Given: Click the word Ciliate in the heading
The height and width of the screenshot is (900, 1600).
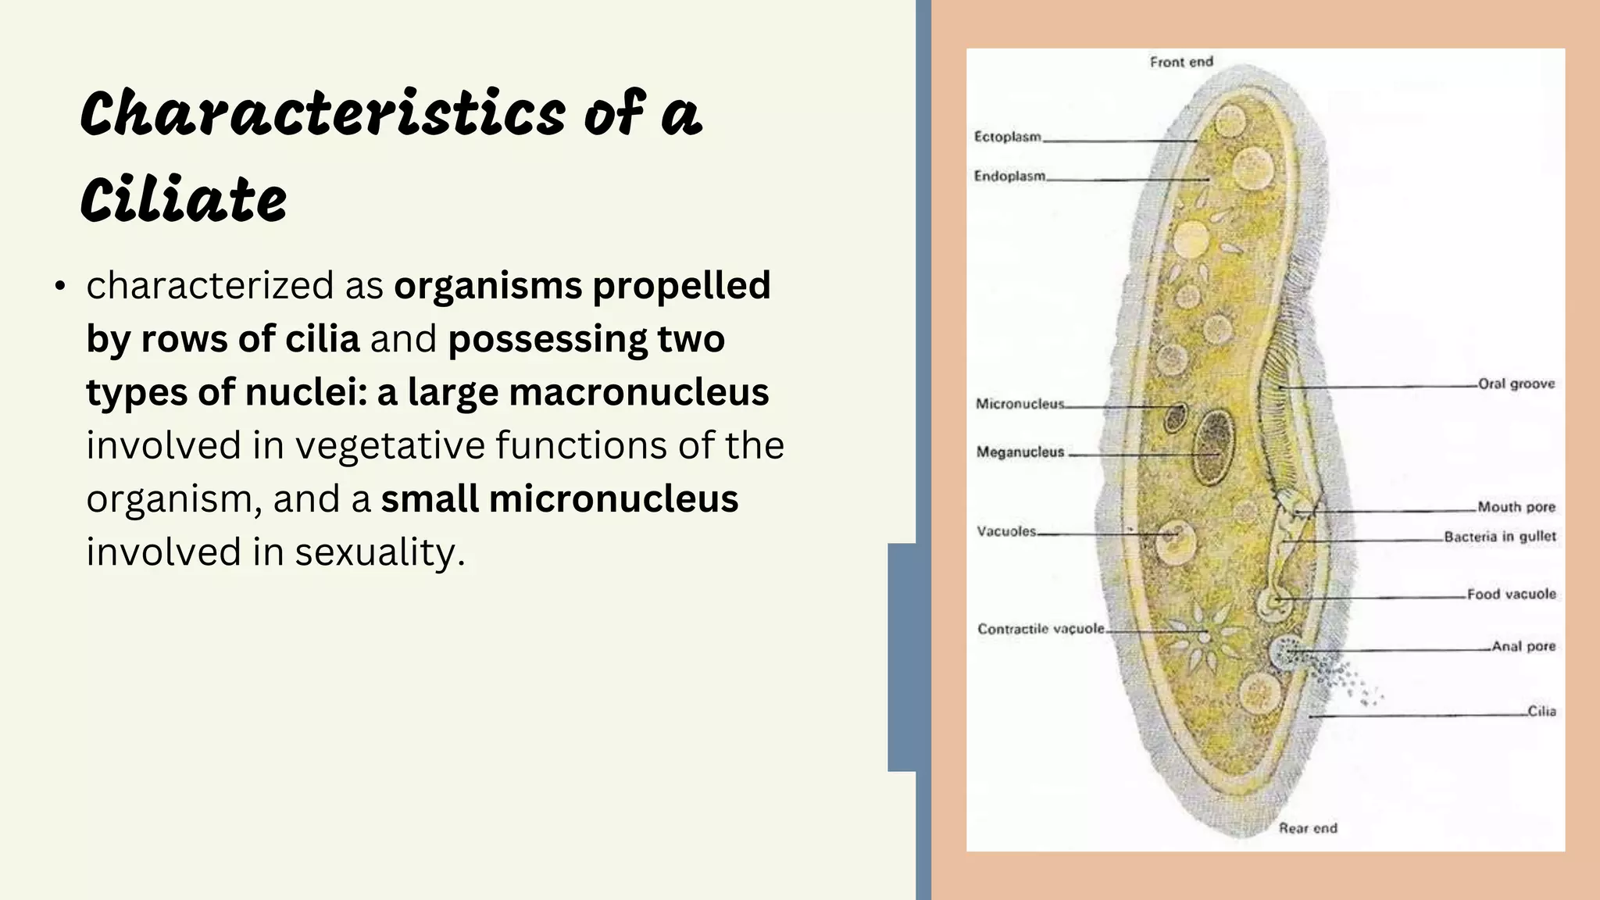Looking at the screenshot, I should click(x=184, y=199).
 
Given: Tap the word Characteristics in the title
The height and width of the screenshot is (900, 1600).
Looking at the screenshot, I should click(x=322, y=114).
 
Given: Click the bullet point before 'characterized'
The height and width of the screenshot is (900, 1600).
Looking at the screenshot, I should click(x=60, y=287).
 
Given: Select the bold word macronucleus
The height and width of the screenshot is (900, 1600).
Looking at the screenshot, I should click(x=638, y=392).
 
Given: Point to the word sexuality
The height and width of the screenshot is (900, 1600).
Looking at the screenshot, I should click(x=380, y=552).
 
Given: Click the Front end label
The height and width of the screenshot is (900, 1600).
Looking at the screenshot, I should click(x=1181, y=62).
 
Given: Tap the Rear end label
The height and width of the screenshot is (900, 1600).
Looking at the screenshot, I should click(x=1307, y=828).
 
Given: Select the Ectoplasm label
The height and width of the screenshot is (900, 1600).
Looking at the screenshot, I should click(x=1007, y=137).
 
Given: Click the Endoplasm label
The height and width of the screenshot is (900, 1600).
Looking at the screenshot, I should click(x=1009, y=177).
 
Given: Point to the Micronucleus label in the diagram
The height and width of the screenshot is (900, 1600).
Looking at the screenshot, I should click(x=1019, y=404).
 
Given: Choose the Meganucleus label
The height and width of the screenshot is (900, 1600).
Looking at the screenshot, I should click(x=1020, y=452).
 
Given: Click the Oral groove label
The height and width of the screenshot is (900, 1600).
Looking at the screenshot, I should click(x=1516, y=384).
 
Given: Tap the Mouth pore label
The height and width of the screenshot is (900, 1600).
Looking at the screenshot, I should click(x=1516, y=507).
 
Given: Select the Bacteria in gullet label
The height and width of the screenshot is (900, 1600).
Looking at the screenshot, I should click(x=1499, y=537).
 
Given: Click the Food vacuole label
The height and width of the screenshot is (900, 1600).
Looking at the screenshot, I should click(x=1511, y=595).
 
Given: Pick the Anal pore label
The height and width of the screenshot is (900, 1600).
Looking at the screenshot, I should click(x=1523, y=646).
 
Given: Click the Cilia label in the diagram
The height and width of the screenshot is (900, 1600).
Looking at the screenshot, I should click(x=1541, y=711).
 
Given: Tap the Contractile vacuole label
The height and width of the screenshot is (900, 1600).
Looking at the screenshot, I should click(x=1041, y=629).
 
